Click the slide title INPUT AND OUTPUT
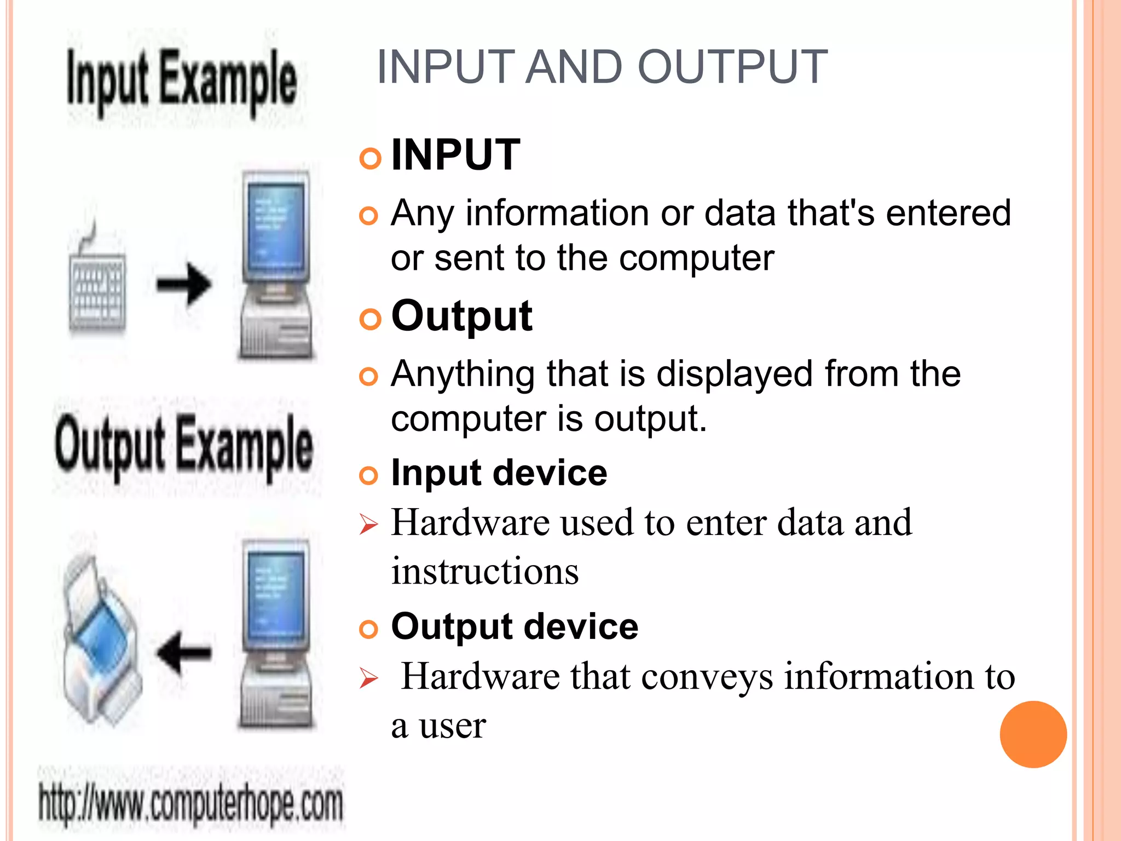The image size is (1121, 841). [602, 67]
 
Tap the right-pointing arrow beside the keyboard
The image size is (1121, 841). [184, 284]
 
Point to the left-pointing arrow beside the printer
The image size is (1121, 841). [184, 652]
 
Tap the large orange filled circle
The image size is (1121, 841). [1033, 734]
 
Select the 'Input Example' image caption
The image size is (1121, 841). [182, 82]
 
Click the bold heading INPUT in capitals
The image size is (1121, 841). [455, 155]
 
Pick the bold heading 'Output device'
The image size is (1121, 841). [515, 626]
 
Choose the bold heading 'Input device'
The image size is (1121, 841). [499, 473]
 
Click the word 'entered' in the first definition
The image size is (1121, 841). [948, 213]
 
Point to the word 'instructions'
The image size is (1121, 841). [485, 571]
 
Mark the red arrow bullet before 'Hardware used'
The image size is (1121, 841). [368, 525]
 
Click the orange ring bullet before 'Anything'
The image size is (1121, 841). [369, 377]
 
